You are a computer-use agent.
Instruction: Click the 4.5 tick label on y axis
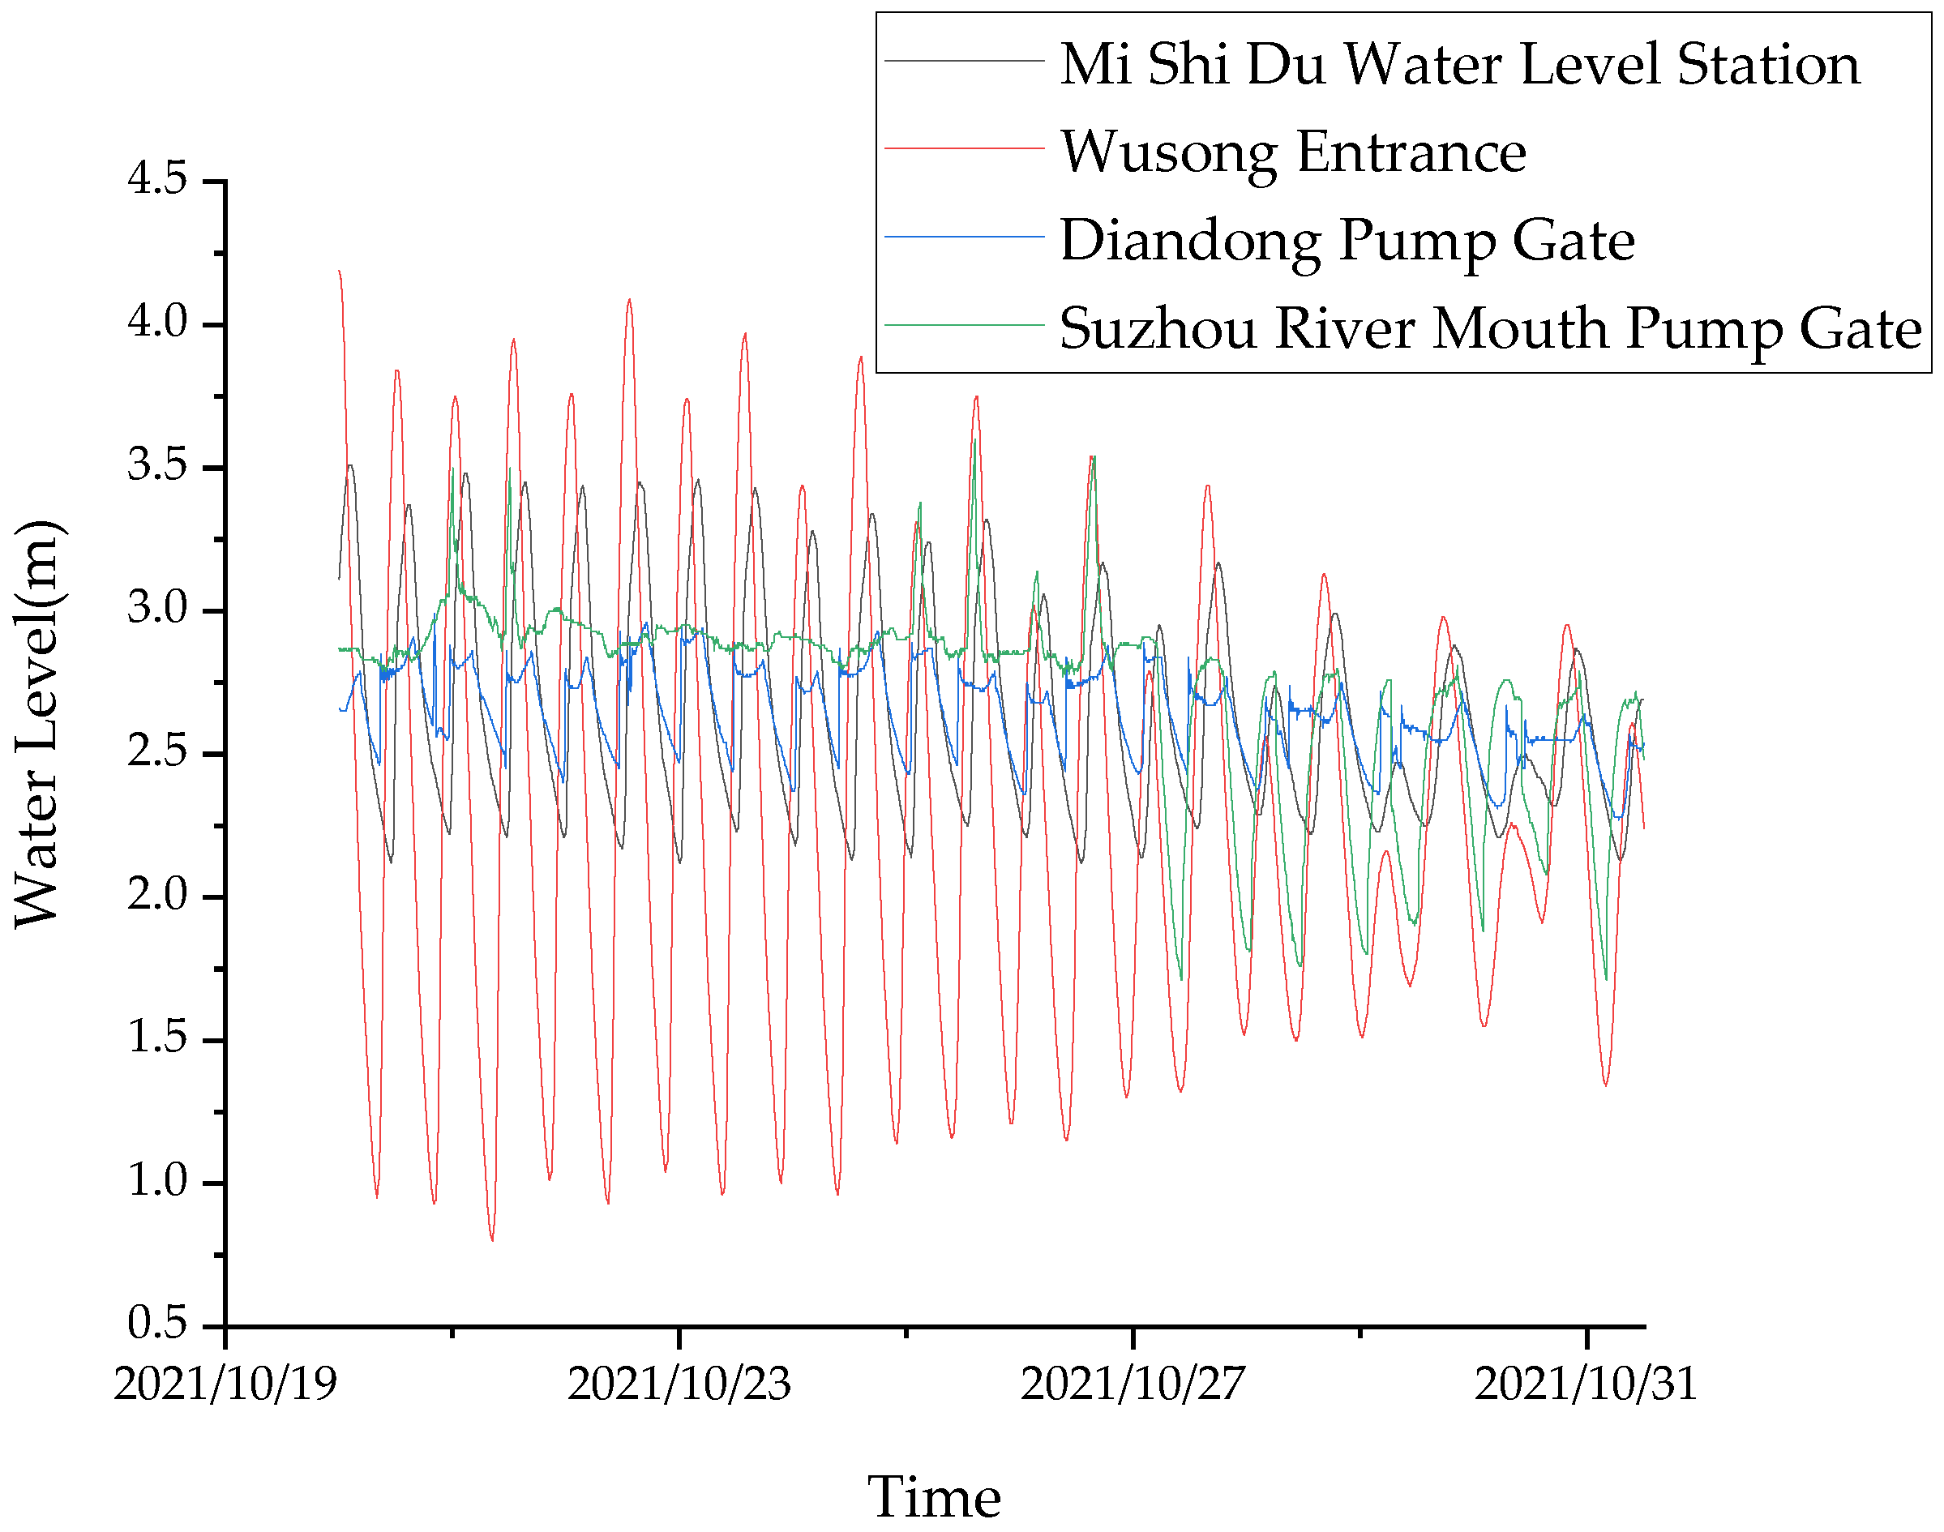[157, 178]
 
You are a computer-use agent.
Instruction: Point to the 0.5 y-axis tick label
[157, 1323]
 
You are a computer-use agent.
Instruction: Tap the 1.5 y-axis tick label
[157, 1038]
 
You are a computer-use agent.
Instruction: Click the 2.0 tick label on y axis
[157, 894]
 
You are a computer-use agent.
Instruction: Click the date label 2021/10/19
[225, 1384]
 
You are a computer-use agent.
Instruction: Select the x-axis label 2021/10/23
[679, 1384]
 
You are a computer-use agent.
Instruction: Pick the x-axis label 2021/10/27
[1133, 1384]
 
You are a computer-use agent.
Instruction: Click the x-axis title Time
[934, 1497]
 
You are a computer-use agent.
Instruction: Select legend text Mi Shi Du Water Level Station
[1459, 65]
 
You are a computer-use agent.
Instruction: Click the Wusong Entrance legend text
[1293, 152]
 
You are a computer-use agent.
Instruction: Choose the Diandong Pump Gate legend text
[1347, 241]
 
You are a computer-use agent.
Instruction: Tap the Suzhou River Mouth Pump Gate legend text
[1490, 328]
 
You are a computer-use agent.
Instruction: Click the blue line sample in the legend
[965, 237]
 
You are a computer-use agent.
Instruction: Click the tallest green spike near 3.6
[974, 440]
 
